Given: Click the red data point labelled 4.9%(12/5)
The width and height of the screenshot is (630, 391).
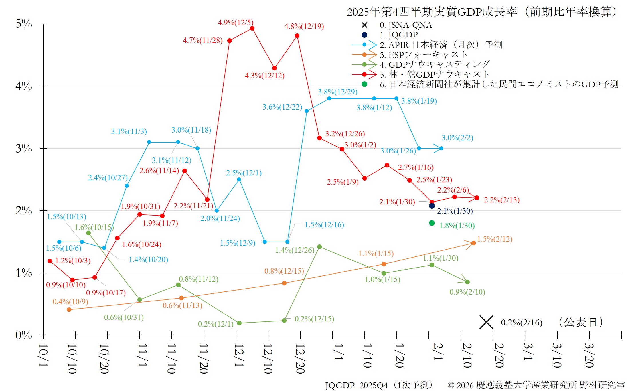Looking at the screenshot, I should pos(252,28).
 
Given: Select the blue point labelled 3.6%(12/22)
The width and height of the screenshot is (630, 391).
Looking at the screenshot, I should pos(307,111).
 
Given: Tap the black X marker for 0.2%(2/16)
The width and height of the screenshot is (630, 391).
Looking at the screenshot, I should pos(486,322).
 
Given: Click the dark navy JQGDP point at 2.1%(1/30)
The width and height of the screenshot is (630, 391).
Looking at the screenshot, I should pos(432,206).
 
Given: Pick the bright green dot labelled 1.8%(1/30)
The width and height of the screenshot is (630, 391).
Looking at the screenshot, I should pos(432,223).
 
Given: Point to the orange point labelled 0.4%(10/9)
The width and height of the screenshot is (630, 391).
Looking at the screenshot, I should pos(69,310).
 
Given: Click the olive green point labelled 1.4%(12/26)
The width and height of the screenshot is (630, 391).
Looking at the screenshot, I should pos(319,247).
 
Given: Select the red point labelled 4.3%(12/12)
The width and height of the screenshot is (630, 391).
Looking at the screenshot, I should pos(274,68).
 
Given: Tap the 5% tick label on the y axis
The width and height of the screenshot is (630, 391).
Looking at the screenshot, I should pos(24,24).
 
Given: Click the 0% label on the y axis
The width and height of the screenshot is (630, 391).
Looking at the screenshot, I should pos(24,335).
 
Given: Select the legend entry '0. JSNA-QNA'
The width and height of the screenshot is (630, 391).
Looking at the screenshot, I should pos(406,25).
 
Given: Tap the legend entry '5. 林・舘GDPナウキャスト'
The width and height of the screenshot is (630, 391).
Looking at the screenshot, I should pos(435,75).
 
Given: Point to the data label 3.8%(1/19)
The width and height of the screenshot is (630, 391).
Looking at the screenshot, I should pos(419,101).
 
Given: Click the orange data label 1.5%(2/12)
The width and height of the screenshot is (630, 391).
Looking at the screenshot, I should pos(495,239).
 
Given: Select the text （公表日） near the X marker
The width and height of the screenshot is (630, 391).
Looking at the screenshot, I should pos(580,322).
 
